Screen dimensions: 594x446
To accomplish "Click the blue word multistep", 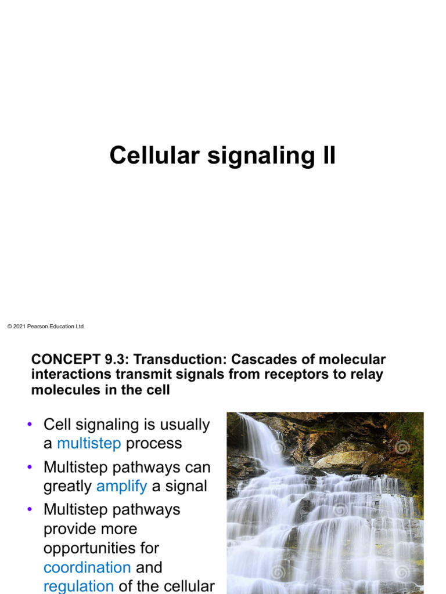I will tap(89, 444).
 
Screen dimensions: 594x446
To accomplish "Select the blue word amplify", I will tap(121, 486).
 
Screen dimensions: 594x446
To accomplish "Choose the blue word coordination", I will tap(87, 567).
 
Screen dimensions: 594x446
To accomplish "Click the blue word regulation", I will tap(78, 586).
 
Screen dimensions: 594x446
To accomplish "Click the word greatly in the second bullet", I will tap(67, 486).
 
